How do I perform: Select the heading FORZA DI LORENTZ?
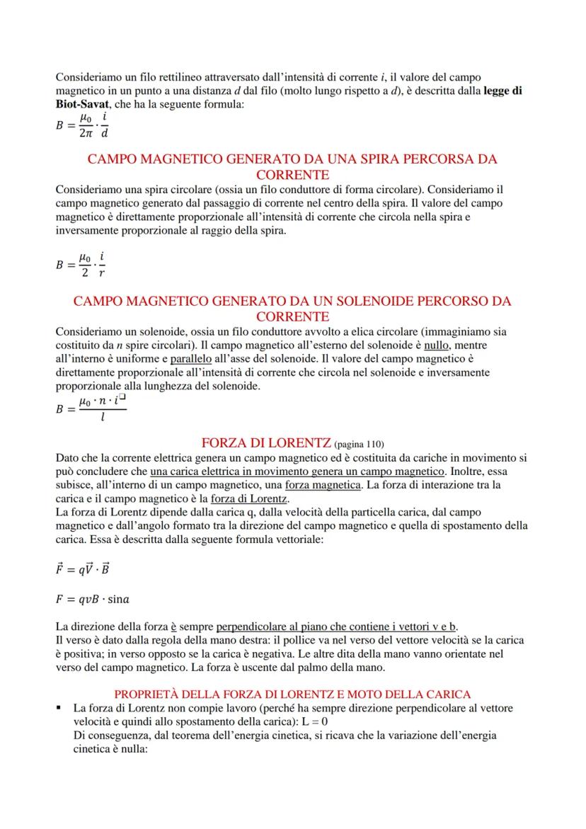coord(266,443)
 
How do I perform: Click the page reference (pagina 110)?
coord(358,445)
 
